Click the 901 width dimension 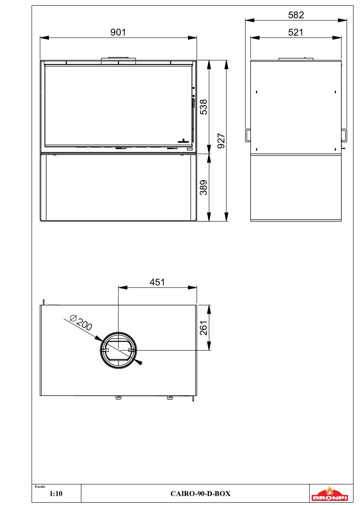pos(118,32)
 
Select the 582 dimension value pos(296,15)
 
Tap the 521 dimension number pos(296,32)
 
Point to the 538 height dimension pos(204,107)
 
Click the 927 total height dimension pos(221,141)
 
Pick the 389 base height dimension pos(204,187)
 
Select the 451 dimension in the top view pos(157,282)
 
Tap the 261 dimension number pos(204,328)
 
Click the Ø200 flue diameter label pos(81,323)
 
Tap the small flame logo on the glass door pos(183,141)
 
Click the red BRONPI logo pos(330,494)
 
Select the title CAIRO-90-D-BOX pos(200,494)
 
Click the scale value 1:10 pos(56,494)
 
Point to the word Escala pos(40,487)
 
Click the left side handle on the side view pos(248,135)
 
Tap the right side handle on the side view pos(344,135)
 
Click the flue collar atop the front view pos(118,59)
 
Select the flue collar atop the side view pos(296,59)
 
